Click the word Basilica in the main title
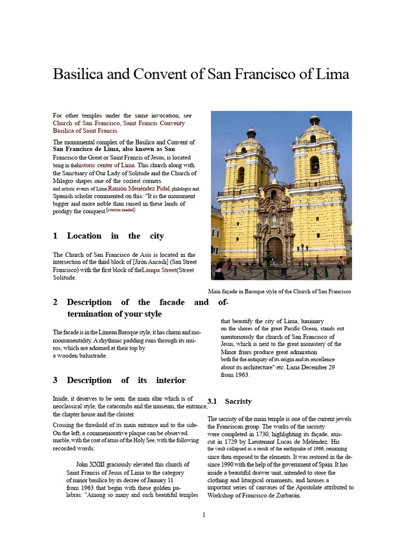[79, 74]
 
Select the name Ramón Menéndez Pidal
[139, 188]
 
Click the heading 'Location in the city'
[108, 236]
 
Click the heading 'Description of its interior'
[119, 380]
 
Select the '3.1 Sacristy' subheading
[230, 401]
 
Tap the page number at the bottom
[204, 515]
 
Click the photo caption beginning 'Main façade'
[279, 291]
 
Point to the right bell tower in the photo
[315, 163]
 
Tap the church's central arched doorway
[274, 248]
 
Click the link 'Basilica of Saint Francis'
[85, 131]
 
